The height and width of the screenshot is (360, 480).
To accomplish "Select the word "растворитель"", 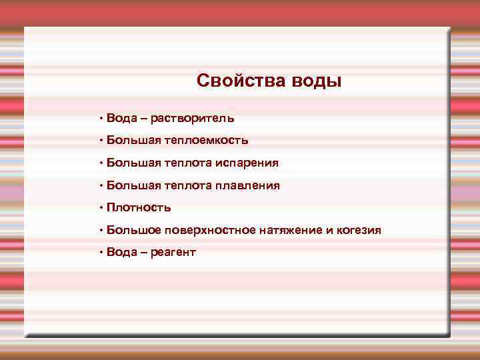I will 192,119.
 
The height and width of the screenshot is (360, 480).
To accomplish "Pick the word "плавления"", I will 247,185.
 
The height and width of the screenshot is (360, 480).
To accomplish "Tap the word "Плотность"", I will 139,207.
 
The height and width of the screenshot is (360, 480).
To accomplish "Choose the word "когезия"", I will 359,230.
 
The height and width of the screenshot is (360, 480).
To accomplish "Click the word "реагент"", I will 173,253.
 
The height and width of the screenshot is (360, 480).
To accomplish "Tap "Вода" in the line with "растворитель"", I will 121,119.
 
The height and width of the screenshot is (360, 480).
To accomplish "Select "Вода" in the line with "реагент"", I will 121,253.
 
